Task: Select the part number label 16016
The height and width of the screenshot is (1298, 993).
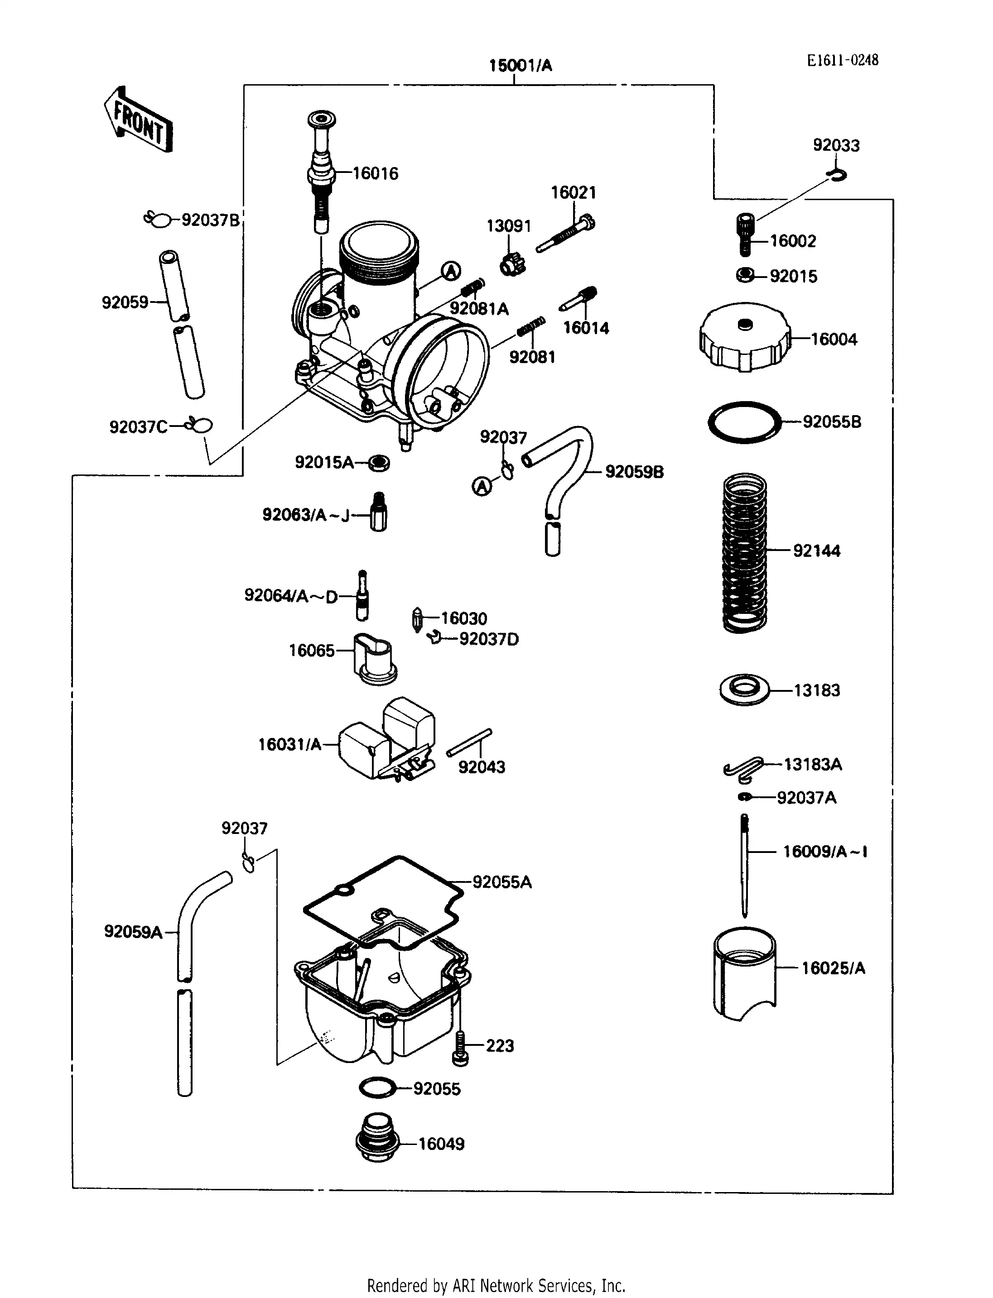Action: tap(376, 174)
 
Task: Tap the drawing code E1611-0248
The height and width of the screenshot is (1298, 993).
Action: tap(842, 60)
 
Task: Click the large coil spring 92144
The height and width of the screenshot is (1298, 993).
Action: tap(745, 552)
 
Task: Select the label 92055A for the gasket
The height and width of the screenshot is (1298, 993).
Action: tap(502, 882)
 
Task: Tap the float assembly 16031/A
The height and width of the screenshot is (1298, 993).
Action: tap(387, 742)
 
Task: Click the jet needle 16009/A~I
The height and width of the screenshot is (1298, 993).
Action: tap(745, 866)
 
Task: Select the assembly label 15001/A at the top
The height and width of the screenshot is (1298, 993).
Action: tap(520, 66)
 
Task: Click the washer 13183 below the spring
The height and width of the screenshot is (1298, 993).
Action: tap(745, 690)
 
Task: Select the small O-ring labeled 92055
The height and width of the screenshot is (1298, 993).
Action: tap(377, 1087)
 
